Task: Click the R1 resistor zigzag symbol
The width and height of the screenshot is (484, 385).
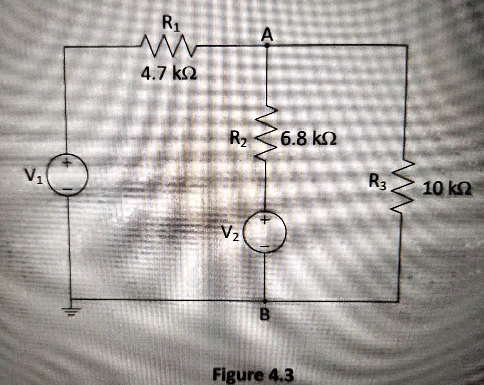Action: (x=168, y=46)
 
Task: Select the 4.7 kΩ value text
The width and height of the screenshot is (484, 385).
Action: (x=168, y=74)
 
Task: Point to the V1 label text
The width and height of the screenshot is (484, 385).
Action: (x=33, y=175)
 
